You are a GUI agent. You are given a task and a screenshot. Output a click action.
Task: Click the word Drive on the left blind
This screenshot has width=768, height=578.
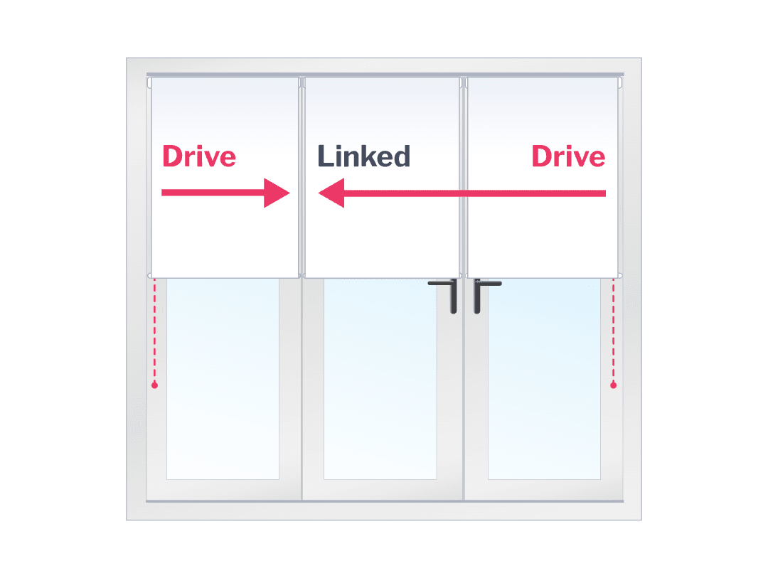199,156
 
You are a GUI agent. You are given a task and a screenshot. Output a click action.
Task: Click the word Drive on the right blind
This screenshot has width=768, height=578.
568,156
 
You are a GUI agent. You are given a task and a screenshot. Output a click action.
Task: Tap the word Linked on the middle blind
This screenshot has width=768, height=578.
363,156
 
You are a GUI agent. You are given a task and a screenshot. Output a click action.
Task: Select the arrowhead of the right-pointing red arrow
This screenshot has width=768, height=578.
276,193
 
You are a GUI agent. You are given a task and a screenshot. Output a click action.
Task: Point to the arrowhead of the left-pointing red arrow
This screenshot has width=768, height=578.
332,193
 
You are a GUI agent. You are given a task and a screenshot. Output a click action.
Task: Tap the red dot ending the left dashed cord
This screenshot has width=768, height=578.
154,385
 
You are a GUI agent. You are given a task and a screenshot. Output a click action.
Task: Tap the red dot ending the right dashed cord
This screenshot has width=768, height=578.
613,385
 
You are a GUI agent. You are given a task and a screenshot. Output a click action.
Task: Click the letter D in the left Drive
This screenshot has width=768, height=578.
172,156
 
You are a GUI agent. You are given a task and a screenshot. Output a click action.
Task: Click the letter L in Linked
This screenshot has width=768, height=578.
324,156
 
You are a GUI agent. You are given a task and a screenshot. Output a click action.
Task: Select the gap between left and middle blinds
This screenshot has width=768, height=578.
302,178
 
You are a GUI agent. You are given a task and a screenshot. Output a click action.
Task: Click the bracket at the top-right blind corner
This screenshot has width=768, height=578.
620,83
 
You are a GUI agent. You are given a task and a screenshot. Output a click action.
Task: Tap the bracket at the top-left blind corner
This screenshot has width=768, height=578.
149,83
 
